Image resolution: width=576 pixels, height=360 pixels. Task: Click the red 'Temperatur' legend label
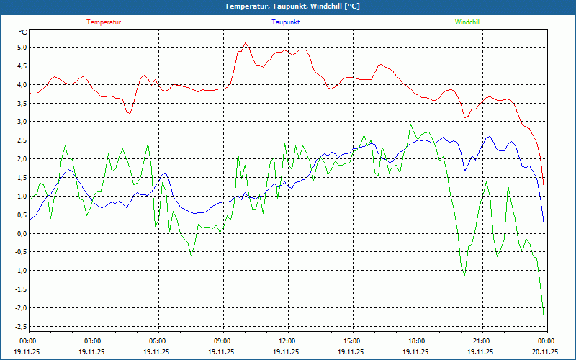click(x=104, y=22)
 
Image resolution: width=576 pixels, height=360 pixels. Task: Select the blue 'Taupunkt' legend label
click(x=286, y=22)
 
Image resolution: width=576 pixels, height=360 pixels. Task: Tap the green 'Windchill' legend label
click(x=467, y=22)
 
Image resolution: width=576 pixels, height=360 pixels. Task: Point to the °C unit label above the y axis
click(x=23, y=32)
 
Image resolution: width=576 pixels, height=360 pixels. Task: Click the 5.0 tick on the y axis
click(x=22, y=48)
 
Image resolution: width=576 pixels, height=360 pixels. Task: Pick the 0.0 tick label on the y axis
click(x=22, y=233)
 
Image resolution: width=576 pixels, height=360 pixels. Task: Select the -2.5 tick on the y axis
click(x=20, y=326)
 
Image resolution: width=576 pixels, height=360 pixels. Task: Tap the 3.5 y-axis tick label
click(x=22, y=103)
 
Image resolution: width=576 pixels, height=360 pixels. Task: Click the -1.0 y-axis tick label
click(x=20, y=271)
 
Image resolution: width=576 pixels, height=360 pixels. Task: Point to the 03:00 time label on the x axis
click(x=93, y=341)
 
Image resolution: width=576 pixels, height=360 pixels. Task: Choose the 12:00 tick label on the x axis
click(x=287, y=341)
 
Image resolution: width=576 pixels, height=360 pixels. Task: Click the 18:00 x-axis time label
click(x=416, y=341)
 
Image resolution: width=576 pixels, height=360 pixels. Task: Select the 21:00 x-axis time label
click(x=481, y=341)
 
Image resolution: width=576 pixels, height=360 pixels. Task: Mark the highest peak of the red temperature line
click(x=246, y=42)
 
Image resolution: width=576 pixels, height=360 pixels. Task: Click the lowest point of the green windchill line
click(x=544, y=317)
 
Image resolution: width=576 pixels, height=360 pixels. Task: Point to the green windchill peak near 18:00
click(x=411, y=124)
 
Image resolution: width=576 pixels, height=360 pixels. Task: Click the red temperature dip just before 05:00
click(x=130, y=114)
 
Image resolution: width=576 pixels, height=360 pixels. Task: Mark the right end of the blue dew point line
click(x=544, y=223)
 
